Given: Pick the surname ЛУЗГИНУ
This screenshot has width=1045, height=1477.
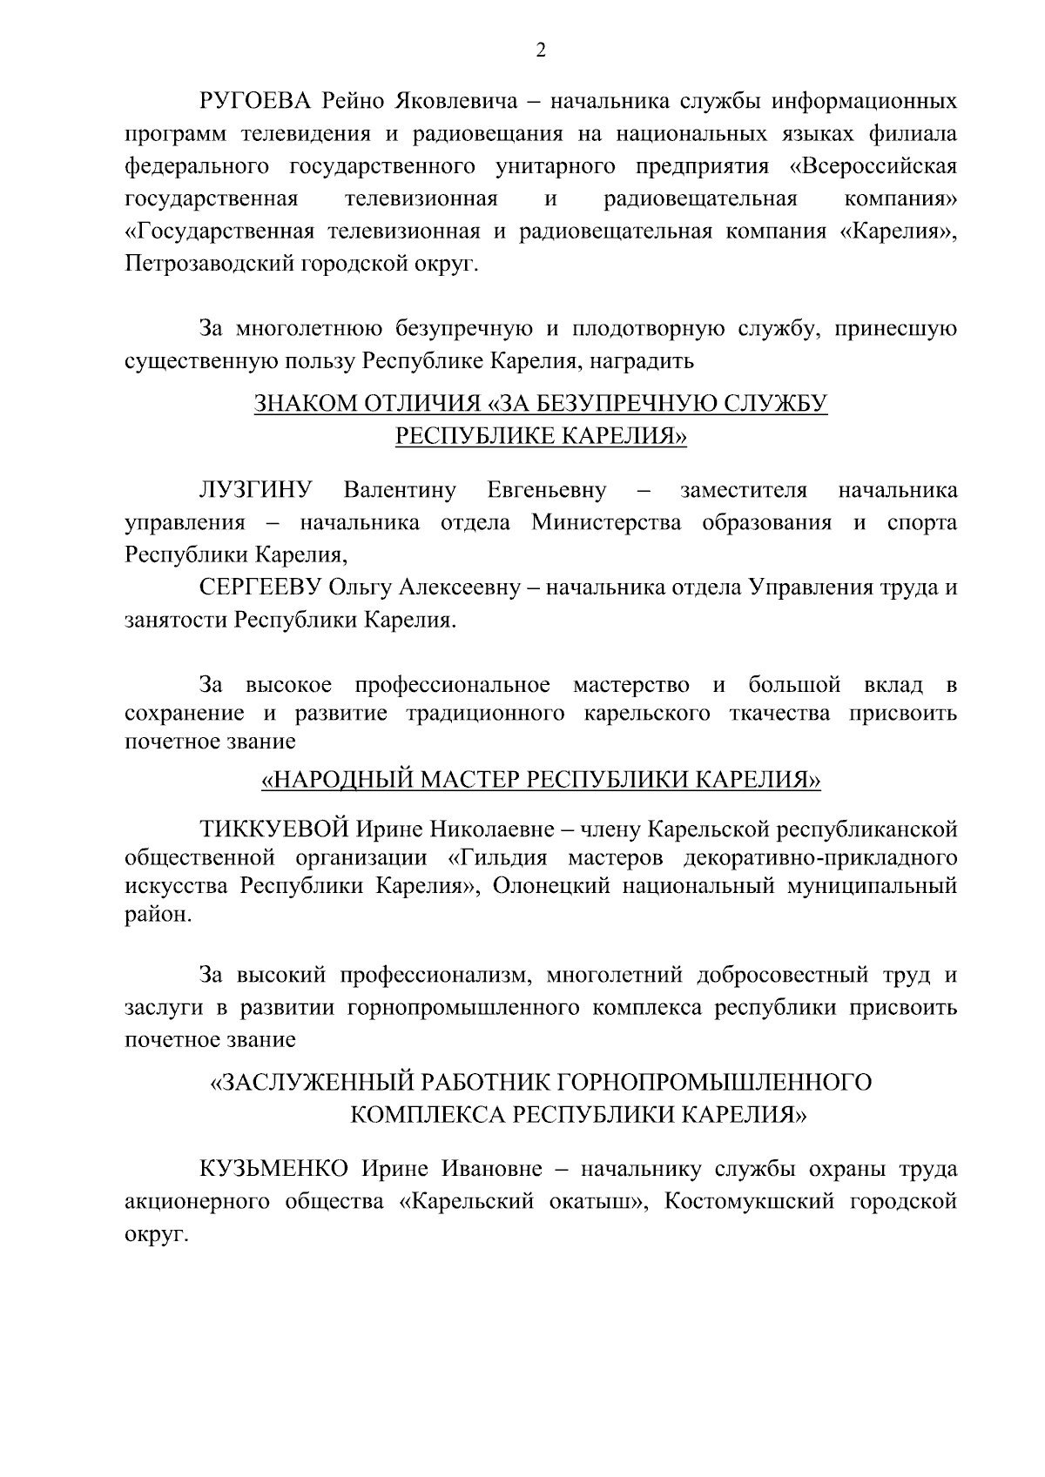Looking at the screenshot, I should point(256,490).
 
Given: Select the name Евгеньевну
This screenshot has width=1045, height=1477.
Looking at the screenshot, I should point(547,490).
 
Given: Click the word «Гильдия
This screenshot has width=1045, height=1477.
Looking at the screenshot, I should point(496,857).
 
